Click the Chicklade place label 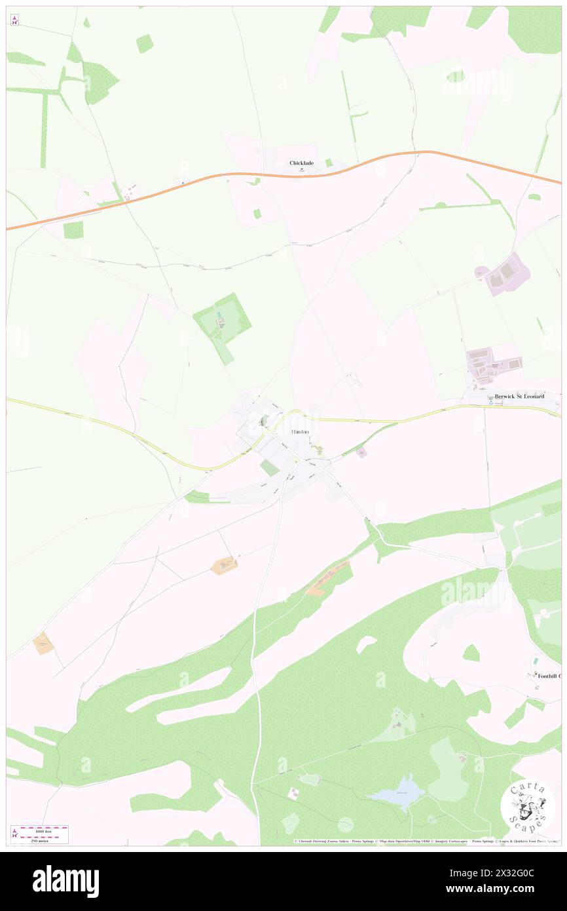(302, 163)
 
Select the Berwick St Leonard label (520, 397)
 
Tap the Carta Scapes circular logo (527, 807)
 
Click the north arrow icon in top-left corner (14, 20)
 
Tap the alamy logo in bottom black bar (65, 881)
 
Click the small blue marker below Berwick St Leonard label (492, 403)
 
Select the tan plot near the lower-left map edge (44, 643)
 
